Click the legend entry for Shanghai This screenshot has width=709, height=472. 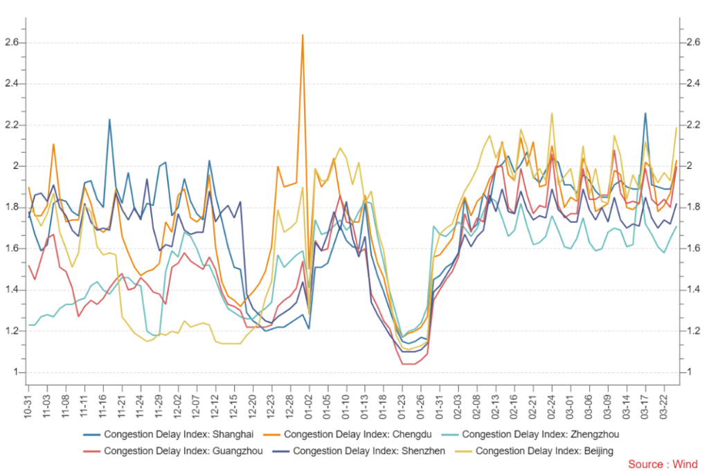pyautogui.click(x=174, y=435)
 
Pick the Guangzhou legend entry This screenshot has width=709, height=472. pyautogui.click(x=179, y=451)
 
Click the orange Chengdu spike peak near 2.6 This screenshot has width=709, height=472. pyautogui.click(x=303, y=35)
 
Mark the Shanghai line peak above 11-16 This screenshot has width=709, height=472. pyautogui.click(x=109, y=120)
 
